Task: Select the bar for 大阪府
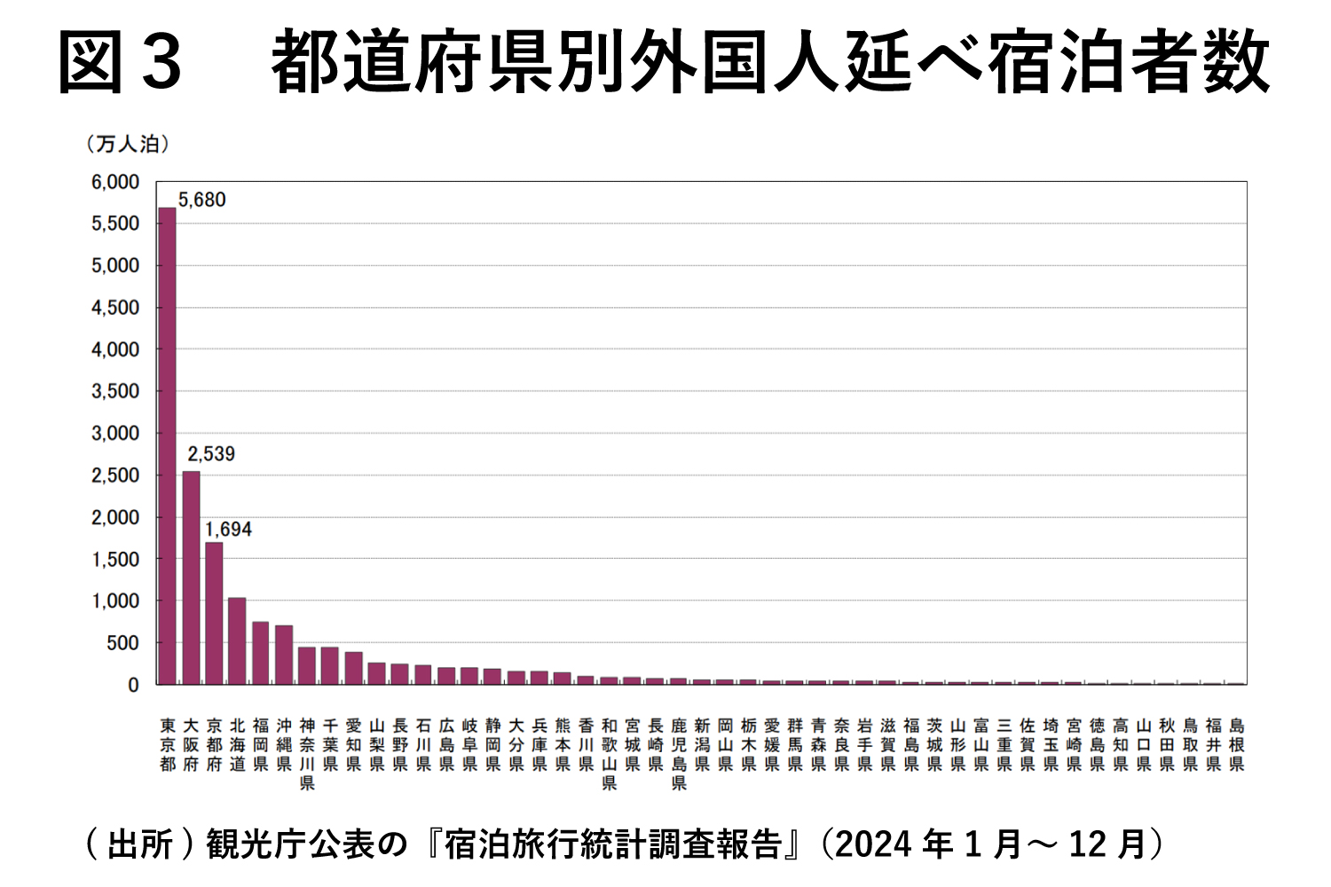(x=191, y=577)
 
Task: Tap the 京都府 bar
(x=214, y=613)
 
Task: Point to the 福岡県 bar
(x=260, y=653)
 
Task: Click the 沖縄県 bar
(x=284, y=655)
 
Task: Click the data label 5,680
(x=202, y=200)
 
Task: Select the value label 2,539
(x=211, y=454)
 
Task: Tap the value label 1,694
(x=228, y=530)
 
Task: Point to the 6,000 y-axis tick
(x=115, y=182)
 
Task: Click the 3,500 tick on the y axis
(x=115, y=391)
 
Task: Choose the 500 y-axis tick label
(x=122, y=643)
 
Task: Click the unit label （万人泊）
(x=128, y=144)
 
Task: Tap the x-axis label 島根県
(x=1237, y=745)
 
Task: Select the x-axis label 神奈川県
(x=307, y=754)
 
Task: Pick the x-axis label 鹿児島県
(x=679, y=754)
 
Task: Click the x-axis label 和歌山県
(x=609, y=754)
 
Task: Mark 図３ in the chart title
(x=120, y=62)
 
